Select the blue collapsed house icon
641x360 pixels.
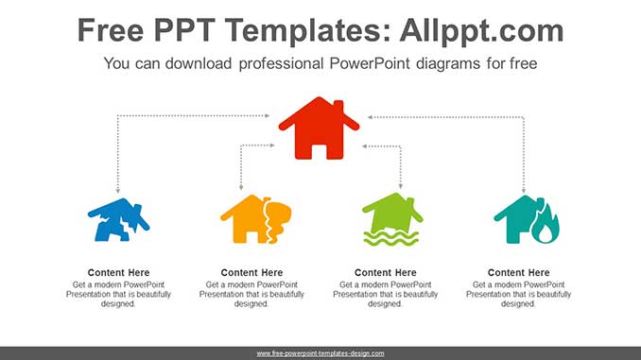coord(118,221)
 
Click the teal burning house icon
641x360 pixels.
coord(526,220)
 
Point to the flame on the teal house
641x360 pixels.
coord(546,229)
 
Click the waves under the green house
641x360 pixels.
coord(392,238)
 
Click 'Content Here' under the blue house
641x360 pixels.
coord(118,273)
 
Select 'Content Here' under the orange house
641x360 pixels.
coord(251,273)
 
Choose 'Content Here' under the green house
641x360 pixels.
coord(385,273)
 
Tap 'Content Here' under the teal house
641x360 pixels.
coord(518,273)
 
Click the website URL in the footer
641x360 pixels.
coord(320,352)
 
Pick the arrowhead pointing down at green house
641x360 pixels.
coord(401,187)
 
